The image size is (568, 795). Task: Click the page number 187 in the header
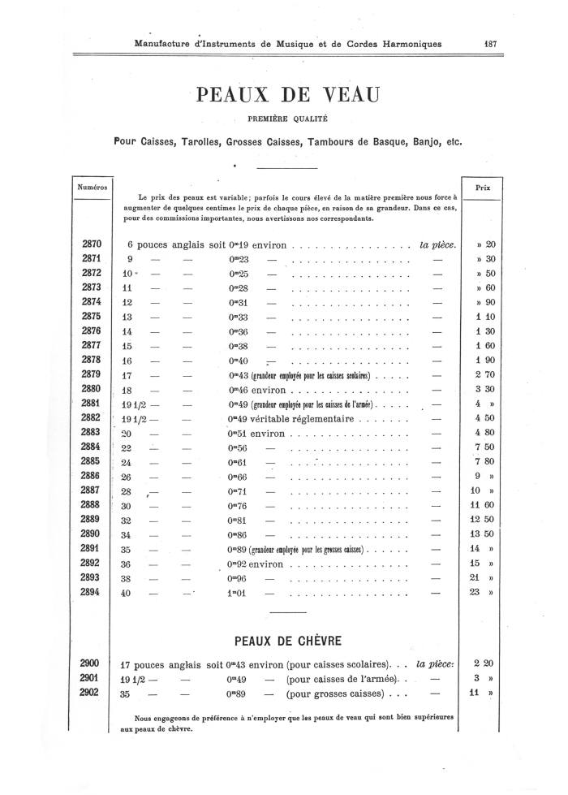tap(488, 45)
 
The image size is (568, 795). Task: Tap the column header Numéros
tap(92, 187)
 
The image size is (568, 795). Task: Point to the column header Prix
tap(484, 187)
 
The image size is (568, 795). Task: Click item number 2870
tap(92, 244)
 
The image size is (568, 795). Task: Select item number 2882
tap(92, 418)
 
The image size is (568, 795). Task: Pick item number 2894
tap(92, 593)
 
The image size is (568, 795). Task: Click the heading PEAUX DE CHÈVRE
tap(286, 639)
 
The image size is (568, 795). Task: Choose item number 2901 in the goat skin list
tap(92, 678)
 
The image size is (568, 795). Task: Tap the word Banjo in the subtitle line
tap(421, 142)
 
